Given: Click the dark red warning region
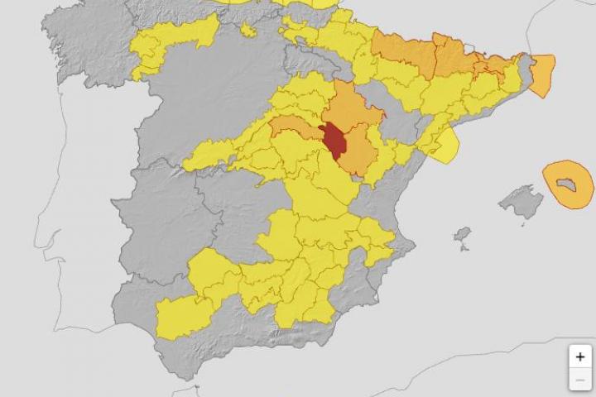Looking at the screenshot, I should pyautogui.click(x=334, y=140).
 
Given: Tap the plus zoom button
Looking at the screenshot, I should pyautogui.click(x=579, y=356).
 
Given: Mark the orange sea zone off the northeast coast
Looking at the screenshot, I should pyautogui.click(x=542, y=74).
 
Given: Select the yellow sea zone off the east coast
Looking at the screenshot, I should pyautogui.click(x=445, y=146).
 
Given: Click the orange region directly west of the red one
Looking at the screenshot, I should pyautogui.click(x=296, y=127).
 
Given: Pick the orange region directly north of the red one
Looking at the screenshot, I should pyautogui.click(x=352, y=107).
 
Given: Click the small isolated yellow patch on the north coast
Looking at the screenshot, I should pyautogui.click(x=248, y=31).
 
